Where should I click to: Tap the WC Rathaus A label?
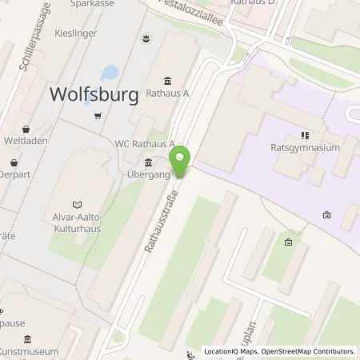[x=145, y=144]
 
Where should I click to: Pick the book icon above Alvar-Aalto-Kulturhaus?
[x=77, y=204]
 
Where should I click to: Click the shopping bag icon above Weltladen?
[x=26, y=129]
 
